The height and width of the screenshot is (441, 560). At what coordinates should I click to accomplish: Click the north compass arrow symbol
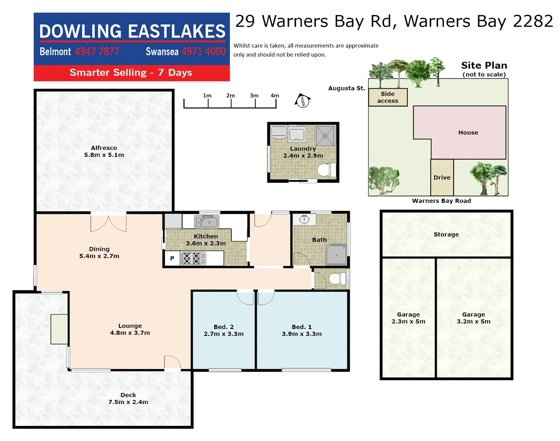tap(302, 100)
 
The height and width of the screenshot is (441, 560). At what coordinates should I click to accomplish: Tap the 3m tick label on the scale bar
tap(254, 96)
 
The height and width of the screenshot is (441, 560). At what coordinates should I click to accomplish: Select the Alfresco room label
tap(104, 148)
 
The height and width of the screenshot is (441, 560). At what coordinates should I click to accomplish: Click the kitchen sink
tap(207, 222)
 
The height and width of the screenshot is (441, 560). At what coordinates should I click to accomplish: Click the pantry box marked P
tap(172, 258)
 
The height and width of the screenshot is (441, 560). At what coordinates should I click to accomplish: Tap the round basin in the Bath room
tap(304, 220)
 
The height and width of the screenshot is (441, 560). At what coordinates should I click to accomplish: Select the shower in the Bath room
tap(336, 255)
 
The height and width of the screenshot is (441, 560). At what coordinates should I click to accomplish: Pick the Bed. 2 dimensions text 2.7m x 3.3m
tap(224, 334)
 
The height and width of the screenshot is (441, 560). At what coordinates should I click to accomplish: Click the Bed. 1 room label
tap(302, 327)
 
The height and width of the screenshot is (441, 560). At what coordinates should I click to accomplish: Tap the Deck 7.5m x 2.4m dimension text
tap(128, 402)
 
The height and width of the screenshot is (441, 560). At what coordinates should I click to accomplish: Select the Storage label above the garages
tap(446, 234)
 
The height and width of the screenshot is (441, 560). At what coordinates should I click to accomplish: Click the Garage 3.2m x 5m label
tap(473, 318)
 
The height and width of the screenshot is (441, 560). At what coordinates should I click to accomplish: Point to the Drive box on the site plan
tap(442, 178)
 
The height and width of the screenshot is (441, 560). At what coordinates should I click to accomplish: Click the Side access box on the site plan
tap(388, 97)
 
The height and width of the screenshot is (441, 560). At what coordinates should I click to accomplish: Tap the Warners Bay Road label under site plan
tap(441, 201)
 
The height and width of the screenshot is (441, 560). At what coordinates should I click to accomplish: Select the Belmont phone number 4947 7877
tap(97, 52)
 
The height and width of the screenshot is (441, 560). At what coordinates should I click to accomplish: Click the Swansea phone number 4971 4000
tap(203, 52)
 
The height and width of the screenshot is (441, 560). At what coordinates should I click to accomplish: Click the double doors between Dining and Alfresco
tap(108, 223)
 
